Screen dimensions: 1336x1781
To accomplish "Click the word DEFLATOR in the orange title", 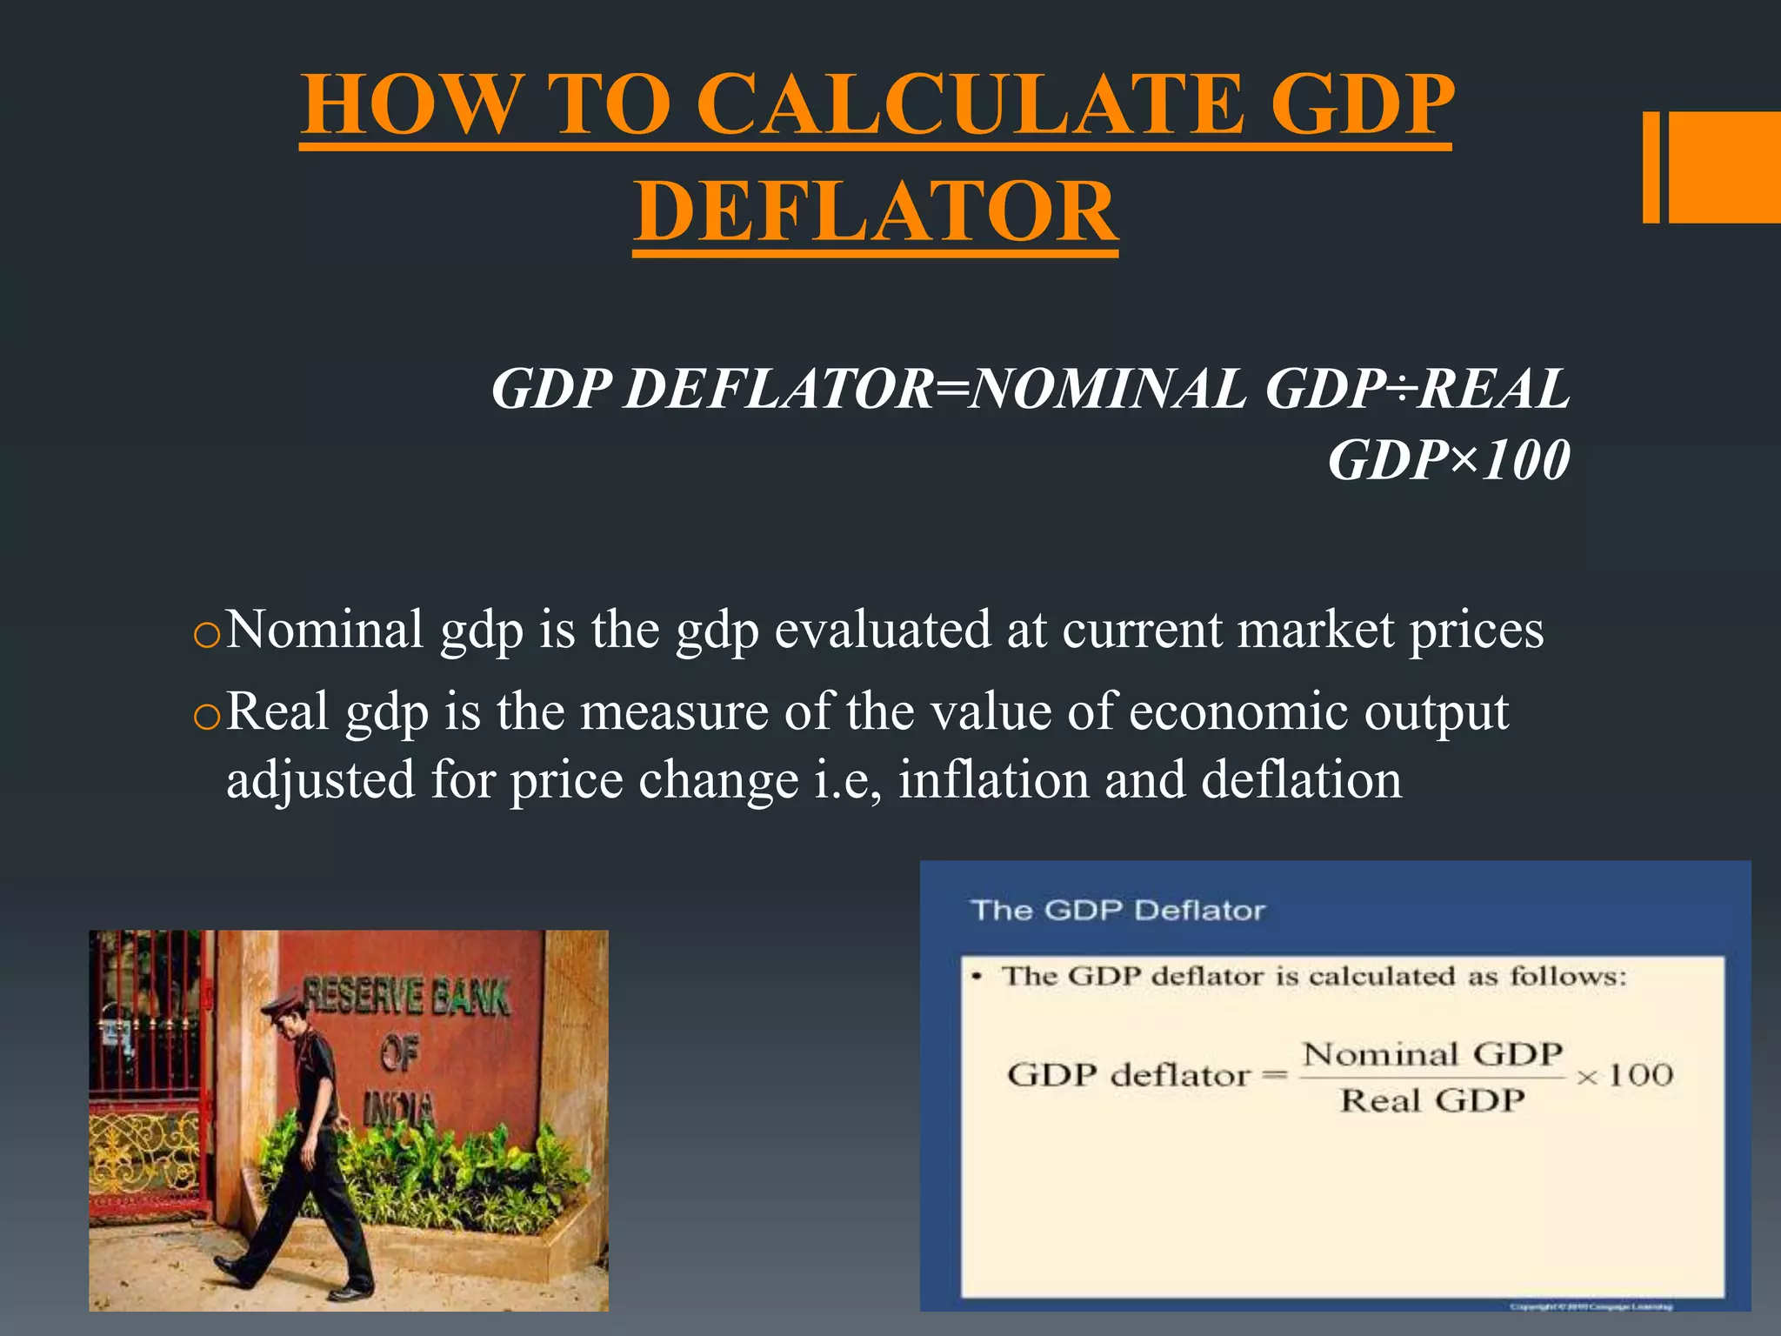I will (x=876, y=211).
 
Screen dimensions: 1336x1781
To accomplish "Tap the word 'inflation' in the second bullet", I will (x=993, y=779).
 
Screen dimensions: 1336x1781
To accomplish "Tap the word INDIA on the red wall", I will (x=398, y=1109).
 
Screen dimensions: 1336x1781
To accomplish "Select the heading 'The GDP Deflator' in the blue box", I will (x=1117, y=911).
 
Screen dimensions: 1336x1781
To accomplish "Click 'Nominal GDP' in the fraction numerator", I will (x=1431, y=1055).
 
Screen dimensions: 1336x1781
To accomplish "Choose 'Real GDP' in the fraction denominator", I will (x=1431, y=1101).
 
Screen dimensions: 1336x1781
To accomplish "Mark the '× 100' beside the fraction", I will (x=1624, y=1076).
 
